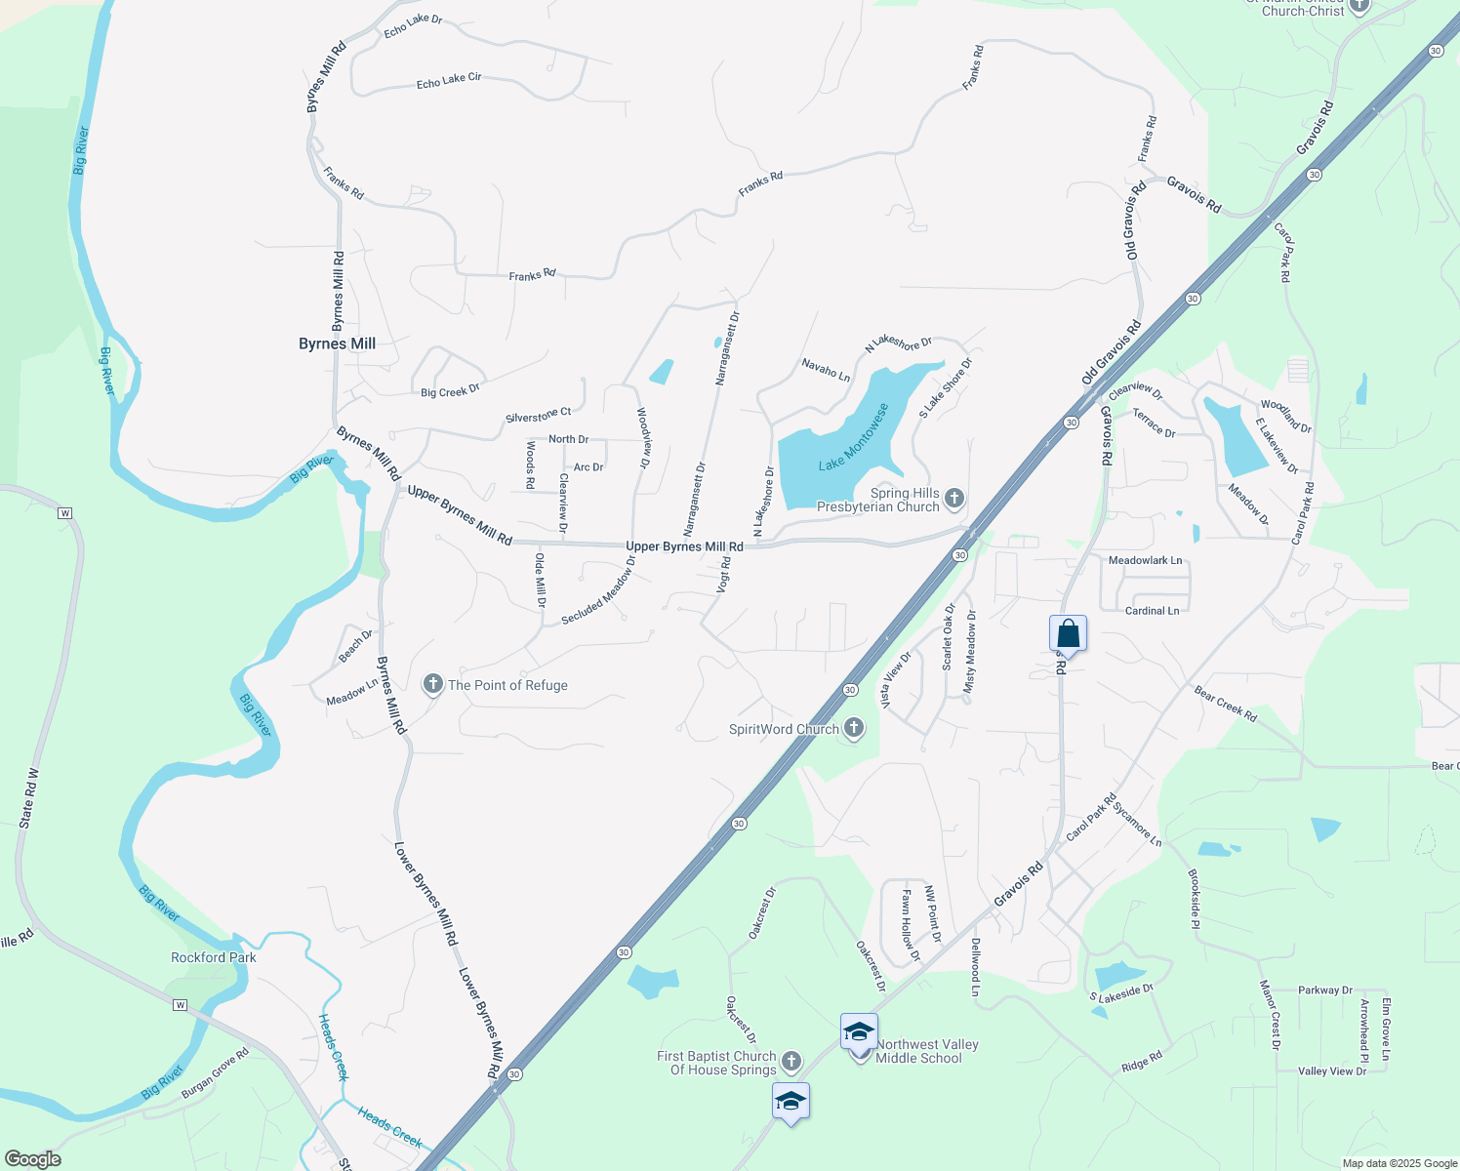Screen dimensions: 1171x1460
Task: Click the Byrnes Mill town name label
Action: pyautogui.click(x=337, y=343)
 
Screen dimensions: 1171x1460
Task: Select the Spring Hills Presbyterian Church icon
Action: pyautogui.click(x=954, y=499)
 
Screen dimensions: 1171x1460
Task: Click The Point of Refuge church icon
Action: pyautogui.click(x=433, y=685)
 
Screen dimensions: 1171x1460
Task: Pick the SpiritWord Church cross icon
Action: pyautogui.click(x=853, y=728)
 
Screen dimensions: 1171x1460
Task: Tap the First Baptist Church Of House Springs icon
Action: pyautogui.click(x=791, y=1062)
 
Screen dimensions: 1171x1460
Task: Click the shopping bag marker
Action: pyautogui.click(x=1069, y=634)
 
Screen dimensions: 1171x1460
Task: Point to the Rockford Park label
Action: pyautogui.click(x=214, y=957)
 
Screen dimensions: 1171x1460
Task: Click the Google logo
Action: pyautogui.click(x=32, y=1159)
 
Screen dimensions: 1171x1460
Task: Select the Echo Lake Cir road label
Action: pyautogui.click(x=449, y=80)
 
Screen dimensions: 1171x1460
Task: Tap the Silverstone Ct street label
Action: pyautogui.click(x=538, y=416)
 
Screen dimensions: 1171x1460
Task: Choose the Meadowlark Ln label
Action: pyautogui.click(x=1145, y=560)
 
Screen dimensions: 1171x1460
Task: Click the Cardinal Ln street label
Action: pyautogui.click(x=1152, y=611)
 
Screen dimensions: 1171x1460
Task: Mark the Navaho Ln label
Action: pyautogui.click(x=826, y=370)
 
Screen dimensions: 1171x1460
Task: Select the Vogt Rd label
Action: pyautogui.click(x=724, y=575)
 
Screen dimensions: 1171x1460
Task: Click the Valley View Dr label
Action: pyautogui.click(x=1332, y=1071)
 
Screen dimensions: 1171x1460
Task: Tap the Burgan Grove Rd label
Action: pyautogui.click(x=216, y=1073)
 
